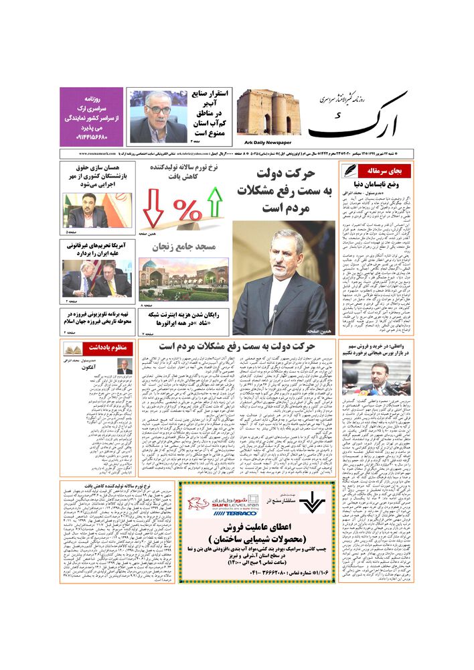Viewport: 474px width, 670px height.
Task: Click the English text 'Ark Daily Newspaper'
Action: coord(264,143)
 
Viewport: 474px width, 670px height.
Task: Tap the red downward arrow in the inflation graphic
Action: coord(153,208)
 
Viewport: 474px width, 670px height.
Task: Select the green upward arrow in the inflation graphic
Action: coord(215,202)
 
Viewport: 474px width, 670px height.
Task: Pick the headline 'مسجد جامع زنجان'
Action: coord(183,247)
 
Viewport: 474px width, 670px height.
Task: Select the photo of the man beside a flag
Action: coord(87,209)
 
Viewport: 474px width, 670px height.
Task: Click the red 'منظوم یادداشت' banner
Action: coord(99,348)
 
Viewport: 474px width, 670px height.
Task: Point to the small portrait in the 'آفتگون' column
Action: coord(125,366)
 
